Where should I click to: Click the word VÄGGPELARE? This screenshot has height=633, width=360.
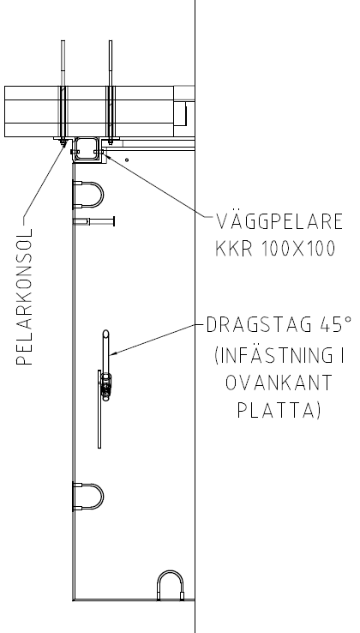(x=279, y=221)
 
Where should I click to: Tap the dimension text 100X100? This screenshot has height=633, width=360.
(x=298, y=248)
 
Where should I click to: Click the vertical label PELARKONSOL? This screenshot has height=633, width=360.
(x=24, y=297)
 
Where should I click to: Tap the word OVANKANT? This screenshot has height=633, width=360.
(x=279, y=383)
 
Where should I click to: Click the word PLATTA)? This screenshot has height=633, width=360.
(x=279, y=411)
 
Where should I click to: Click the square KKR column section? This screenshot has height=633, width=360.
(x=86, y=149)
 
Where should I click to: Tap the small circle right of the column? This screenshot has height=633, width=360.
(x=127, y=160)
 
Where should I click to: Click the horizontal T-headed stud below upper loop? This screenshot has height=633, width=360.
(x=93, y=221)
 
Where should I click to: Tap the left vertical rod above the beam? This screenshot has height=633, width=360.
(x=63, y=63)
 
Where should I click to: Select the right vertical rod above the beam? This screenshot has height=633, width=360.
(x=111, y=63)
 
